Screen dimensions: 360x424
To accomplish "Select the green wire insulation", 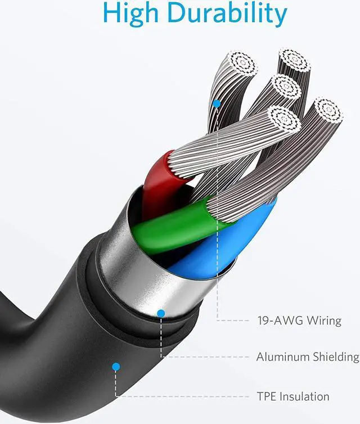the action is pos(169,225).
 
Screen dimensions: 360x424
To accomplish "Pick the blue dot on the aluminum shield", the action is pos(161,313).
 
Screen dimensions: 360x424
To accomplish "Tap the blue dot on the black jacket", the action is pos(116,366).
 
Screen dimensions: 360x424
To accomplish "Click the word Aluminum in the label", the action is pos(282,357).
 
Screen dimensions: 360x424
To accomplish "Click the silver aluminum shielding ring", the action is pos(135,264).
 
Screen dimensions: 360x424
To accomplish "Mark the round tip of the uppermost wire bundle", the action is pos(294,60).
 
